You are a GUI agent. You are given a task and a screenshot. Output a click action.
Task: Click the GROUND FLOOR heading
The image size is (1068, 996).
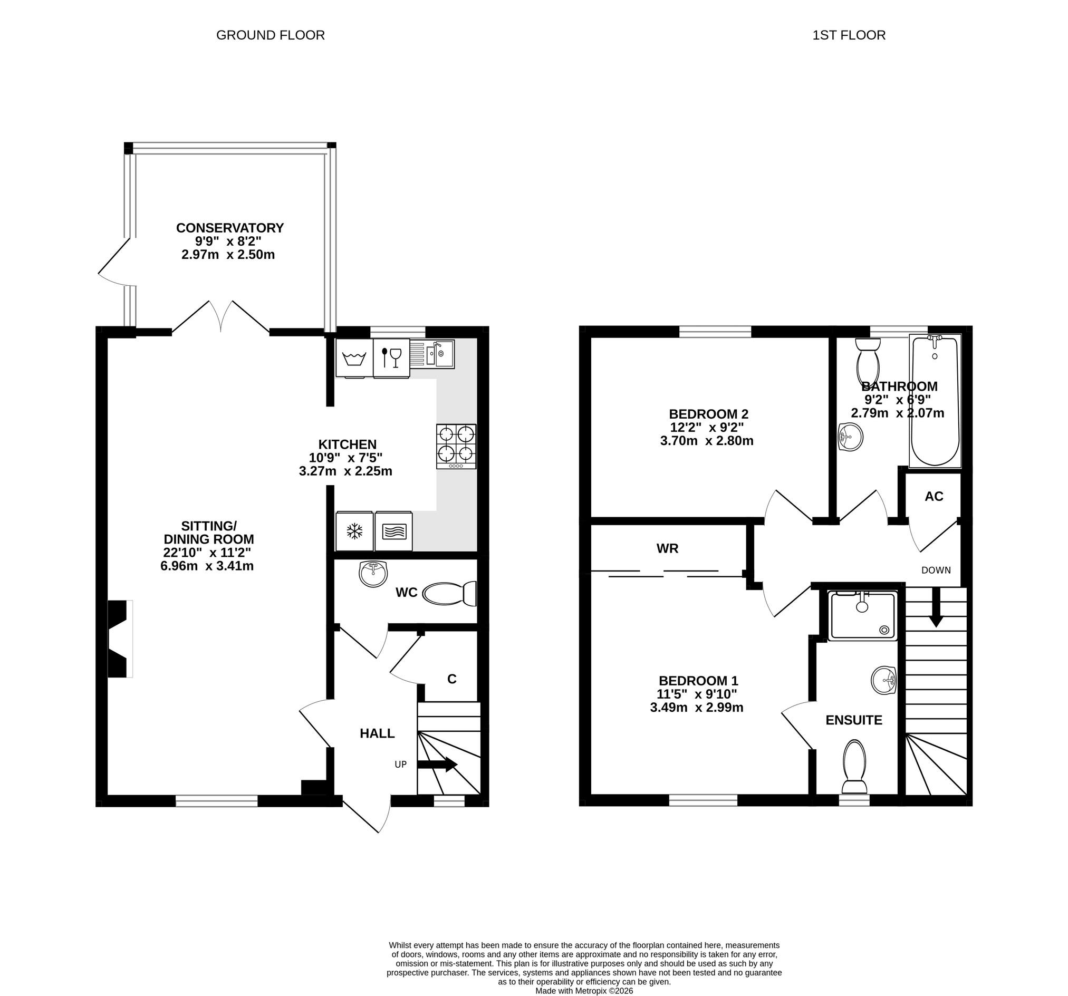(x=270, y=35)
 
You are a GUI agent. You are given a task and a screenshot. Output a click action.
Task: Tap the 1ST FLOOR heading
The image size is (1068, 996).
(x=849, y=35)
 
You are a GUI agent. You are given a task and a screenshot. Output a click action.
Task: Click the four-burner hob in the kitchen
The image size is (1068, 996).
(x=456, y=447)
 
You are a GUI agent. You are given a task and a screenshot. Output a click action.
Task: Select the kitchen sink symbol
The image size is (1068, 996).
(x=432, y=353)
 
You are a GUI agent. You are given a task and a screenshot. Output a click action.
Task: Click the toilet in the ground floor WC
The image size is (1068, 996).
(x=450, y=594)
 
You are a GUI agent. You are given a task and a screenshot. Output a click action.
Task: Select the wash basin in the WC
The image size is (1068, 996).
(x=373, y=574)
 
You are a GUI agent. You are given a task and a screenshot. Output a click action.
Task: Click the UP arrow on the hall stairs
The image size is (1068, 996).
(x=437, y=765)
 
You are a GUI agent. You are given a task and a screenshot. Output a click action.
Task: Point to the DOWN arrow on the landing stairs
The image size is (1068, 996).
(x=936, y=607)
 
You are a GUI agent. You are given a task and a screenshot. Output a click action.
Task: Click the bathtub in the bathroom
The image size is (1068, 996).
(x=935, y=401)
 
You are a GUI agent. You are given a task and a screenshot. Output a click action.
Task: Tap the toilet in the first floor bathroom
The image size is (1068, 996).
(x=868, y=361)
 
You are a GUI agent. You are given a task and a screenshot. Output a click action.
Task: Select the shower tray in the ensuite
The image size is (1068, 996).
(x=863, y=616)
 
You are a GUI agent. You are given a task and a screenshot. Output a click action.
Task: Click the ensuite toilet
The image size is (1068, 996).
(x=854, y=767)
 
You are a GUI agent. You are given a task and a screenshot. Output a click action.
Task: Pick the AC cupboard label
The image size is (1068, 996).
(x=934, y=496)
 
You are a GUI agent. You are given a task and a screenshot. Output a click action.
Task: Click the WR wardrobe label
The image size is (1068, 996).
(x=667, y=548)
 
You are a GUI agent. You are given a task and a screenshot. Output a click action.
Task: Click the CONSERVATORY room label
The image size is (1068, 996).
(x=230, y=228)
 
